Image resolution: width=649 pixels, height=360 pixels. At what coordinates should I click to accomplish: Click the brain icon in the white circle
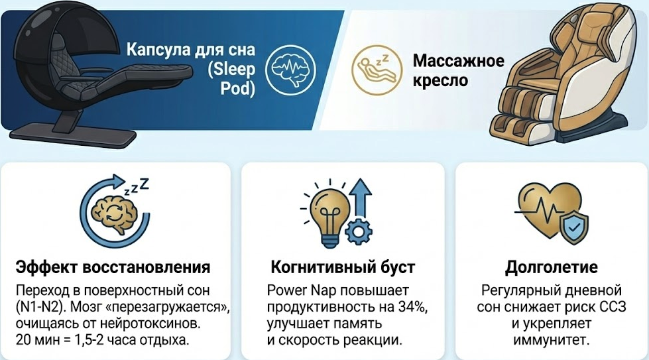290,70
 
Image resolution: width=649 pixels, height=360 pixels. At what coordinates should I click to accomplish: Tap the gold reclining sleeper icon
377,69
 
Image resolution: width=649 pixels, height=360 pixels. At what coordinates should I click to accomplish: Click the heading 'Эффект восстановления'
113,267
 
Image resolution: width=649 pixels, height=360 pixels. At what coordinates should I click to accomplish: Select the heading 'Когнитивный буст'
343,267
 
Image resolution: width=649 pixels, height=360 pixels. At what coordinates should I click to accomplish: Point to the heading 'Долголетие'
552,267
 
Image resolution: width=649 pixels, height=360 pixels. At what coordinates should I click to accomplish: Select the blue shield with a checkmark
573,227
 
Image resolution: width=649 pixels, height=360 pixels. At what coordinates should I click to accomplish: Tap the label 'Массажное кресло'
459,70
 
